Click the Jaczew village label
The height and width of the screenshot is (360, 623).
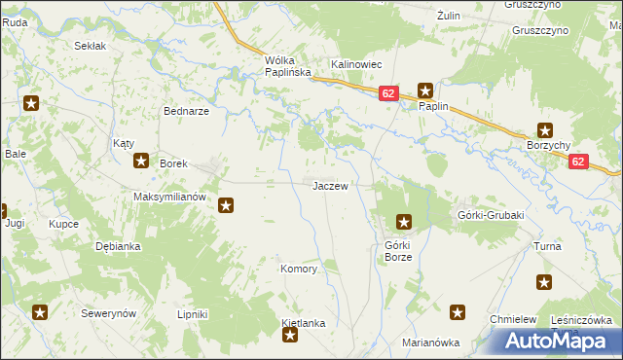330,186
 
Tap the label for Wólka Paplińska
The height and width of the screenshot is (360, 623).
287,66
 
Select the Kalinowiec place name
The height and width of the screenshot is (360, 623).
356,64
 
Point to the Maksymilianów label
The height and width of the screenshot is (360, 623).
170,196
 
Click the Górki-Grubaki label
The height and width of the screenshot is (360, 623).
491,215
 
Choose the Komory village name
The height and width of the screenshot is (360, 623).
299,269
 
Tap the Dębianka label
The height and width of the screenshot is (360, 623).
118,246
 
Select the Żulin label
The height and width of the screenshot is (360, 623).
448,16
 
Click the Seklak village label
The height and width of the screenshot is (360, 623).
91,46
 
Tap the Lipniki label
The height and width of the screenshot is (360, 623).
193,314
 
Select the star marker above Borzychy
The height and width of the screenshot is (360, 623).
545,130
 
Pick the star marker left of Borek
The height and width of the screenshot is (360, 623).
141,162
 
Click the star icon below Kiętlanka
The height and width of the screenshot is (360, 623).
290,337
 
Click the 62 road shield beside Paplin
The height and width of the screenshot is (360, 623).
388,93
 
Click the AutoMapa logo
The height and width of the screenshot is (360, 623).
558,340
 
